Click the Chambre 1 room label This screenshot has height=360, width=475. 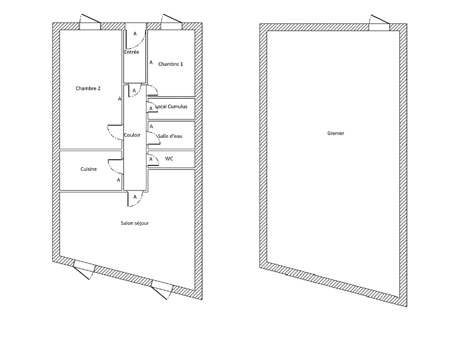(x=171, y=64)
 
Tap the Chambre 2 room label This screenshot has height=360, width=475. (x=88, y=89)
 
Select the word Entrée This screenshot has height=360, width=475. (x=131, y=52)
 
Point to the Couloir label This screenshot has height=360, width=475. (x=132, y=135)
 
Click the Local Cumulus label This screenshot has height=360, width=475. (x=171, y=107)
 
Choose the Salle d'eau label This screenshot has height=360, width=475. (x=170, y=136)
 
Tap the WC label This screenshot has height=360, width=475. (x=169, y=159)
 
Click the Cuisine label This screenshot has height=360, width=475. (x=89, y=169)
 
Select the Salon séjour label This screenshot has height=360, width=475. (x=135, y=223)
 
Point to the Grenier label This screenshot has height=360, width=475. (x=336, y=133)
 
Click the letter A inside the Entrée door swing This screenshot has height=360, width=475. (x=135, y=34)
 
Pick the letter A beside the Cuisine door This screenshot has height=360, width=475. (x=119, y=180)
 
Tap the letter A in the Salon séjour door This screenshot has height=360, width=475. (x=135, y=197)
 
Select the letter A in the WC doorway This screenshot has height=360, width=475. (x=151, y=159)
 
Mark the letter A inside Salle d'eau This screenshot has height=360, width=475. (x=152, y=126)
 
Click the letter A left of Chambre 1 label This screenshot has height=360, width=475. (x=151, y=63)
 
